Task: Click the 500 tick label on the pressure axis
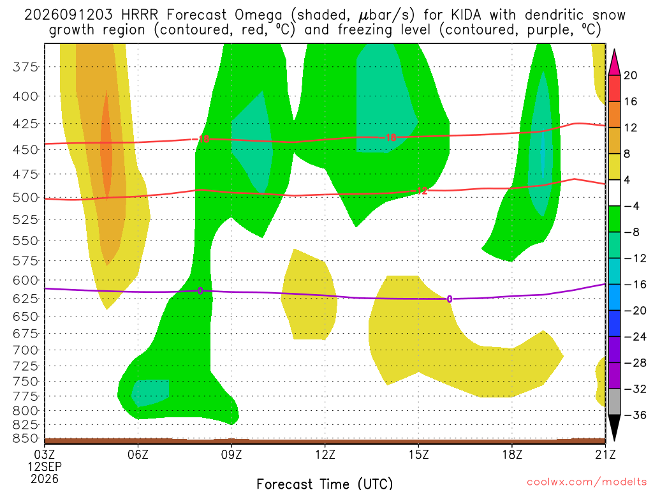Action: (26, 198)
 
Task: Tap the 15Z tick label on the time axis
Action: (418, 454)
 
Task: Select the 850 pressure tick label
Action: (26, 438)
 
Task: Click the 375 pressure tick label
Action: (26, 66)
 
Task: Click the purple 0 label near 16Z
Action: (450, 299)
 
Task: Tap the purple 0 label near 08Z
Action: (200, 291)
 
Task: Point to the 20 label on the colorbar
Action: (631, 75)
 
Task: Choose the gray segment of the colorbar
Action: (614, 402)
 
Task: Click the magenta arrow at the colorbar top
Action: (614, 63)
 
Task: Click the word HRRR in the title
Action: (140, 15)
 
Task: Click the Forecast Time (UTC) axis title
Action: (325, 484)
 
